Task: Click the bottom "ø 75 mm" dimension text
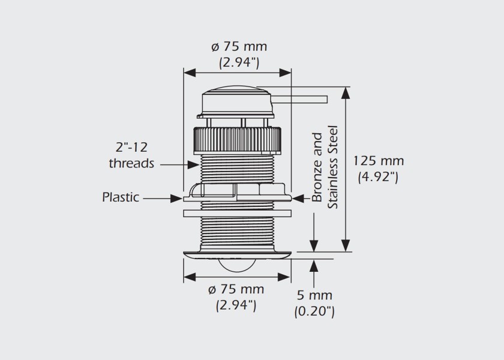(x=236, y=290)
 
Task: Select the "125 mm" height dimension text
(x=378, y=161)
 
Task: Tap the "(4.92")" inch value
(x=378, y=177)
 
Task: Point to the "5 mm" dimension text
(x=314, y=295)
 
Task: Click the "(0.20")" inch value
(x=314, y=311)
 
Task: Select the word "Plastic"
(x=121, y=197)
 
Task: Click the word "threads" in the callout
(x=131, y=163)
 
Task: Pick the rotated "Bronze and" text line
(x=317, y=167)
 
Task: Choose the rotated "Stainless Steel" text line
(x=334, y=167)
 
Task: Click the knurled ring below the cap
(x=237, y=139)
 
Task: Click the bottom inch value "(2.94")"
(x=236, y=305)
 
